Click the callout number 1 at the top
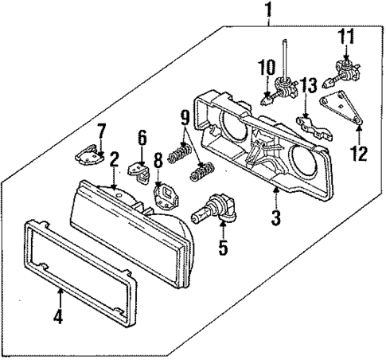click(x=268, y=10)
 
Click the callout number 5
click(x=223, y=248)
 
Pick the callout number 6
click(x=142, y=137)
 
